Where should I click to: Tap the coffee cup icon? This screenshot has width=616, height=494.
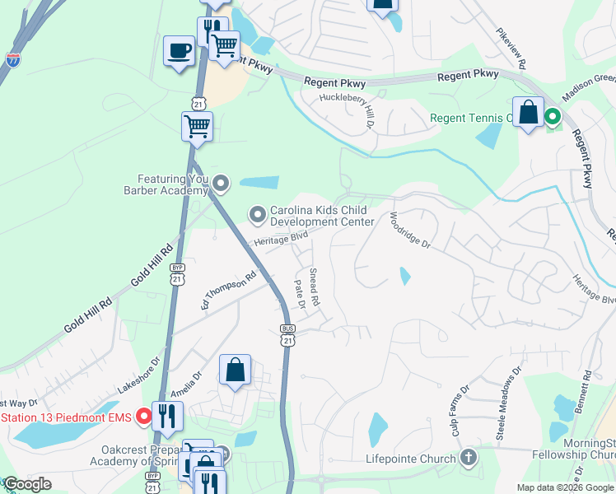[x=179, y=52]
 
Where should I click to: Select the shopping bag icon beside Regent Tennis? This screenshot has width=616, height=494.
[x=528, y=113]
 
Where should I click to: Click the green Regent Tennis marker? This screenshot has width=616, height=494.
[x=553, y=118]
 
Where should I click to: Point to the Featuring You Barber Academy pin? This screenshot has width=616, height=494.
[x=220, y=183]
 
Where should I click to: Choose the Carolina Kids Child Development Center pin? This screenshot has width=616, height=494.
[x=257, y=215]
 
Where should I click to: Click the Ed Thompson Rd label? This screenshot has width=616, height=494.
[x=230, y=292]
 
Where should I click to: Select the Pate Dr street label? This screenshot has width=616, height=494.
[x=300, y=293]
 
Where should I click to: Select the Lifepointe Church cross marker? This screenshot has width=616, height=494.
[x=468, y=458]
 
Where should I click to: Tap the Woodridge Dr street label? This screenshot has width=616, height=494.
[x=409, y=230]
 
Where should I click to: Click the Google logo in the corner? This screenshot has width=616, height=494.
[x=28, y=483]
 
